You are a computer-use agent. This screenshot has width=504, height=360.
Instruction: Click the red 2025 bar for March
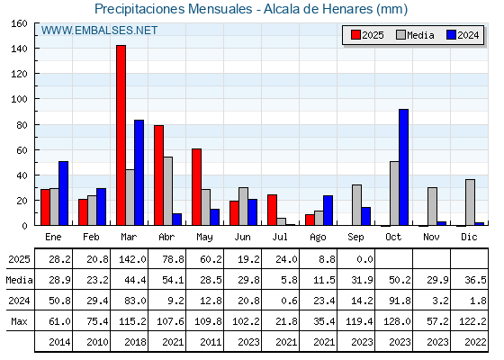pos(121,135)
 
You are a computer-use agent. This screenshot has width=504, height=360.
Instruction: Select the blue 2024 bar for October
pos(404,167)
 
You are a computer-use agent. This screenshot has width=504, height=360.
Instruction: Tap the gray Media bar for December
pos(470,202)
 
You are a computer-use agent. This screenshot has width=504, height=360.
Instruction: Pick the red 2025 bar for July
pos(272,210)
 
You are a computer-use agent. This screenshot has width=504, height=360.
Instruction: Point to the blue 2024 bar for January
pos(63,193)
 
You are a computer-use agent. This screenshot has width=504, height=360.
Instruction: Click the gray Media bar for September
pos(356,205)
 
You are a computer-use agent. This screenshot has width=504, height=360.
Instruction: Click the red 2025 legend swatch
pos(355,35)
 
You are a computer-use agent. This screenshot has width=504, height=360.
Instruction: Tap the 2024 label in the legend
pos(468,35)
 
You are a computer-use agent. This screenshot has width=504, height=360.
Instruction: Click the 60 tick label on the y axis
pos(22,150)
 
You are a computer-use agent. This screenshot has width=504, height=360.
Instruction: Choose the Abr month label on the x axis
pos(166,237)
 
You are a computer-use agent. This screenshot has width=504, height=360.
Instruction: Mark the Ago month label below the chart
pos(318,238)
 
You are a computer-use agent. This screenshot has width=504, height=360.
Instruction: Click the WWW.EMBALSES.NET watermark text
pos(99,31)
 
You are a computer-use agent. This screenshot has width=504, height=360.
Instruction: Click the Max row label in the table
pos(19,321)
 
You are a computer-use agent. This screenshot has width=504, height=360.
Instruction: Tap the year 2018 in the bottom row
pos(135,342)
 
